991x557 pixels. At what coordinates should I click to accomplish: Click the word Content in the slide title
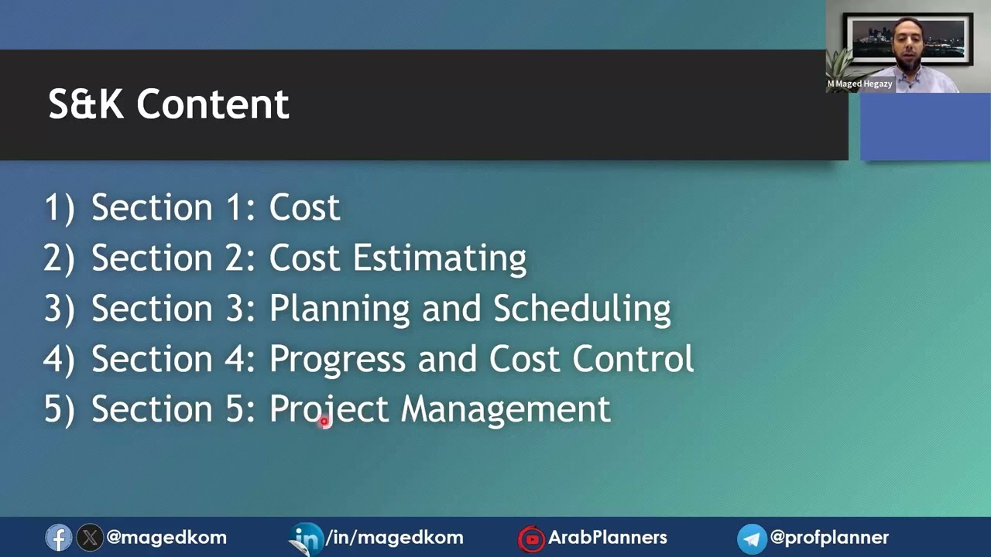click(213, 104)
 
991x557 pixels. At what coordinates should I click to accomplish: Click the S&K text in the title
click(85, 104)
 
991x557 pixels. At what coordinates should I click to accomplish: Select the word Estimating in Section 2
click(440, 258)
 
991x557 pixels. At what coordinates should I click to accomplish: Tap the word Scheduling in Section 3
click(581, 309)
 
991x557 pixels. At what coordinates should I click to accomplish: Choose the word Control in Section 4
click(633, 359)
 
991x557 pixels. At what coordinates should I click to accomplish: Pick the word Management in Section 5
click(506, 409)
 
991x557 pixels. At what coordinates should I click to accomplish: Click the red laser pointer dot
click(324, 422)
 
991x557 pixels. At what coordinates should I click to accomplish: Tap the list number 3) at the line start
click(59, 309)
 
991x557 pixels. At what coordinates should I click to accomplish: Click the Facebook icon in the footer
click(58, 538)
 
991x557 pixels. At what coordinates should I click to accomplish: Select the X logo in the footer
click(90, 538)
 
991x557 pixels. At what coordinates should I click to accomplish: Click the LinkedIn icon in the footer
click(308, 538)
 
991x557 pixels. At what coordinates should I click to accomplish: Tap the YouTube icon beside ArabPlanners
click(532, 538)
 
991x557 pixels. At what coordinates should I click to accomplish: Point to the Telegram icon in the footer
click(751, 538)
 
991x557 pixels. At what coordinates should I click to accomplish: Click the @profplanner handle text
click(829, 538)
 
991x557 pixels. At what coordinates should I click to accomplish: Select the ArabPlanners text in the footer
click(608, 538)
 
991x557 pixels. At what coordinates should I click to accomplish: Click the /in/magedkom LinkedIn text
click(395, 538)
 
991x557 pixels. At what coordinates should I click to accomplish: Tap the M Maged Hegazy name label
click(859, 84)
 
